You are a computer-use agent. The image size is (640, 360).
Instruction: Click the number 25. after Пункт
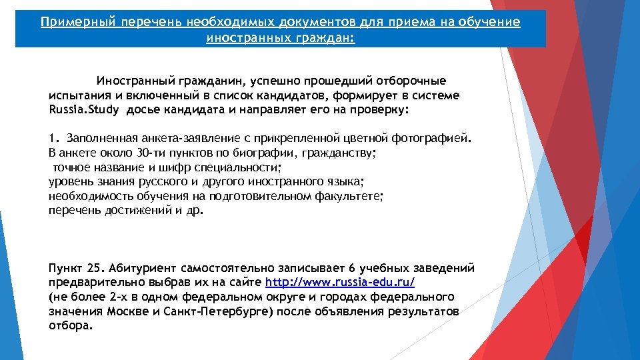click(96, 268)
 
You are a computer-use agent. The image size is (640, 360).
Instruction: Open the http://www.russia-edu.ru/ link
click(340, 282)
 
